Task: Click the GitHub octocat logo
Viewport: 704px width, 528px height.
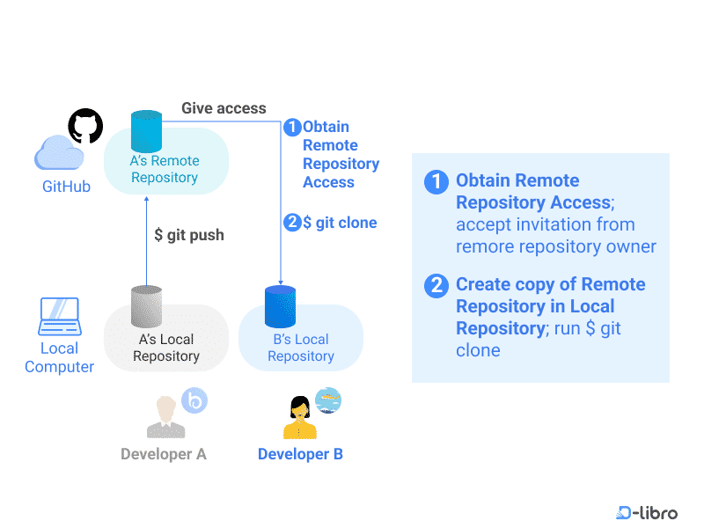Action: pyautogui.click(x=85, y=126)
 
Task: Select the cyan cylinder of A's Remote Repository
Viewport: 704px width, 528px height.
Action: pyautogui.click(x=146, y=130)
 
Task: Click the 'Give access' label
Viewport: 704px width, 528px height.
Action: pyautogui.click(x=224, y=108)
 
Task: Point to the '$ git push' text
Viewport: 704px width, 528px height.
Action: pyautogui.click(x=189, y=235)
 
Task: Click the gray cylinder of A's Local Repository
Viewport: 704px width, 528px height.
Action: pyautogui.click(x=146, y=307)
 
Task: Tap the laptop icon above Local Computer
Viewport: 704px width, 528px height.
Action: pyautogui.click(x=60, y=317)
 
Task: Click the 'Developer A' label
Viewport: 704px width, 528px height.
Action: pyautogui.click(x=164, y=454)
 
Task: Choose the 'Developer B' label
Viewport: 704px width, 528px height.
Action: pyautogui.click(x=300, y=454)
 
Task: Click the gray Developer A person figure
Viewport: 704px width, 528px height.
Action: pyautogui.click(x=165, y=417)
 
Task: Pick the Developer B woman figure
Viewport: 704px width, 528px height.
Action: pyautogui.click(x=300, y=417)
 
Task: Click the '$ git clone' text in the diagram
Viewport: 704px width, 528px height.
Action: pyautogui.click(x=340, y=223)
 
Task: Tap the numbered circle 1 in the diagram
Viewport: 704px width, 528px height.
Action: pyautogui.click(x=292, y=128)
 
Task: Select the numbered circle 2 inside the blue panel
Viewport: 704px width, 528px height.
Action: pyautogui.click(x=435, y=285)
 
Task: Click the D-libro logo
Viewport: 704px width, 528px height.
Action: pyautogui.click(x=647, y=512)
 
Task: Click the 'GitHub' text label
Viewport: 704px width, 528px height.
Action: pyautogui.click(x=67, y=187)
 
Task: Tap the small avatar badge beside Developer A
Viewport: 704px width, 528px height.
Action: pyautogui.click(x=194, y=400)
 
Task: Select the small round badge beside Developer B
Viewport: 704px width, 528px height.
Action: pyautogui.click(x=328, y=400)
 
